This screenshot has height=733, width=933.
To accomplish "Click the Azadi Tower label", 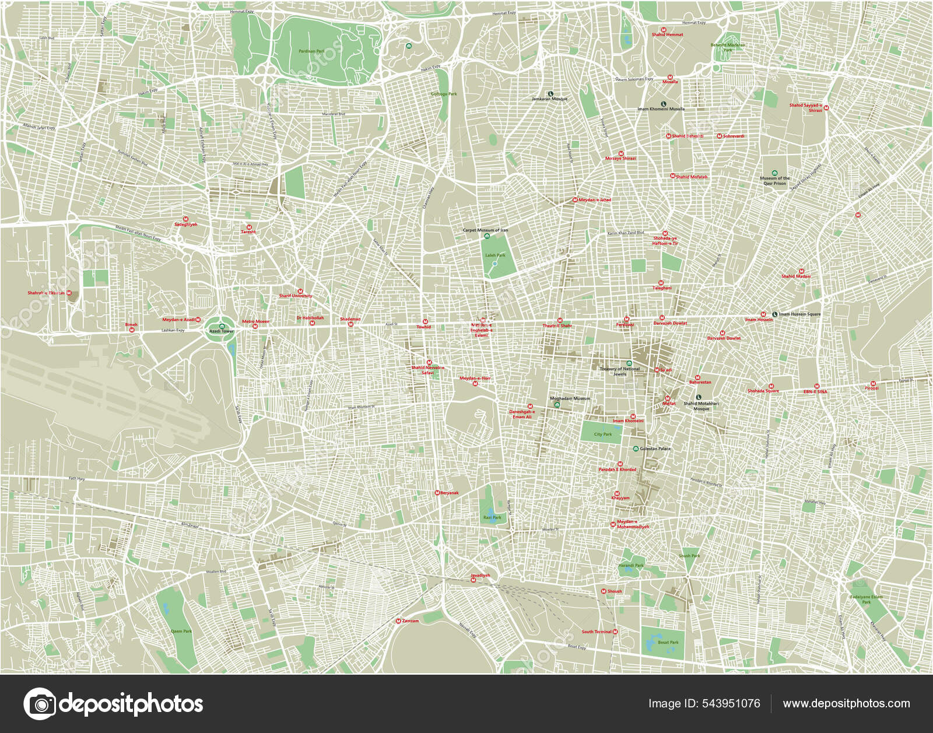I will pyautogui.click(x=222, y=331).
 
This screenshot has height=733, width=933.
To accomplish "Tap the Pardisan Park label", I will pyautogui.click(x=311, y=51).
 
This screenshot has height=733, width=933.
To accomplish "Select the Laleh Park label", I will pyautogui.click(x=495, y=255).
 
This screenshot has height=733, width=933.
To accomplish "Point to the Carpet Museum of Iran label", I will pyautogui.click(x=485, y=230).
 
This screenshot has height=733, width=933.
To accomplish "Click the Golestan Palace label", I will pyautogui.click(x=655, y=449).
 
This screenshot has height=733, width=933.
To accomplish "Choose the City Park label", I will pyautogui.click(x=603, y=434).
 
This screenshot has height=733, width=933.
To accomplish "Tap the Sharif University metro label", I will pyautogui.click(x=295, y=296).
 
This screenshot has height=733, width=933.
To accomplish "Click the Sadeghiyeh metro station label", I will pyautogui.click(x=186, y=225).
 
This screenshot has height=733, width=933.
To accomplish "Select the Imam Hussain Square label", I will pyautogui.click(x=799, y=314).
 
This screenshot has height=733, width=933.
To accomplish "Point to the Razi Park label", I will pyautogui.click(x=492, y=517).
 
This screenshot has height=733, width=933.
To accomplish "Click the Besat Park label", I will pyautogui.click(x=668, y=643).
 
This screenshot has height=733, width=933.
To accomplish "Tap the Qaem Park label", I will pyautogui.click(x=181, y=632).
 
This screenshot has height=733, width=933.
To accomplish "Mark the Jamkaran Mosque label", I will pyautogui.click(x=549, y=99).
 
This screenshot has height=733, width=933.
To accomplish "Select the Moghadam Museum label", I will pyautogui.click(x=570, y=399).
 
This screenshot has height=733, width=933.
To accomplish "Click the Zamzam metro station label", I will pyautogui.click(x=410, y=621).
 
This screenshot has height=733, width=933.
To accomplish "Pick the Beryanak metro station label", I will pyautogui.click(x=449, y=493).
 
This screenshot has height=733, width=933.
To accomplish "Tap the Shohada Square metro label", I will pyautogui.click(x=763, y=391).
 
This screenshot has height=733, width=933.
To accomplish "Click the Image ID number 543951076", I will pyautogui.click(x=731, y=704).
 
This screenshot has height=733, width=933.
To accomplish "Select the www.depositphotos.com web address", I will pyautogui.click(x=846, y=704).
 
